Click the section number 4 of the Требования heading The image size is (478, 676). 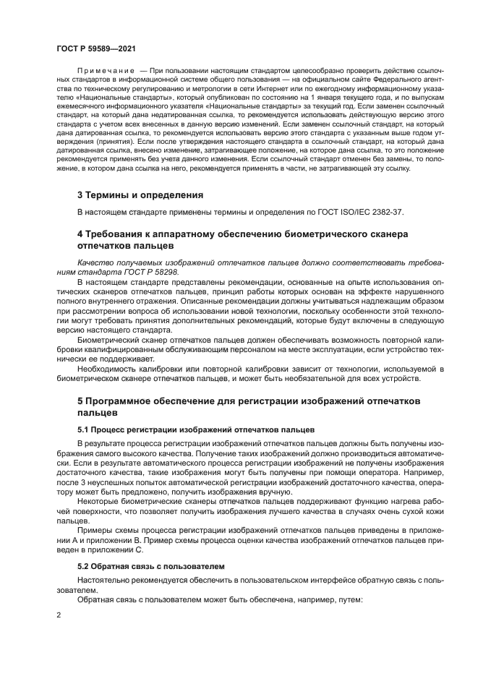(80, 234)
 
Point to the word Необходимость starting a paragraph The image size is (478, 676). (108, 367)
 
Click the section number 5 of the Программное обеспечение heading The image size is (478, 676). (80, 401)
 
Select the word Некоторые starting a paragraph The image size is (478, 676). (100, 500)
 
